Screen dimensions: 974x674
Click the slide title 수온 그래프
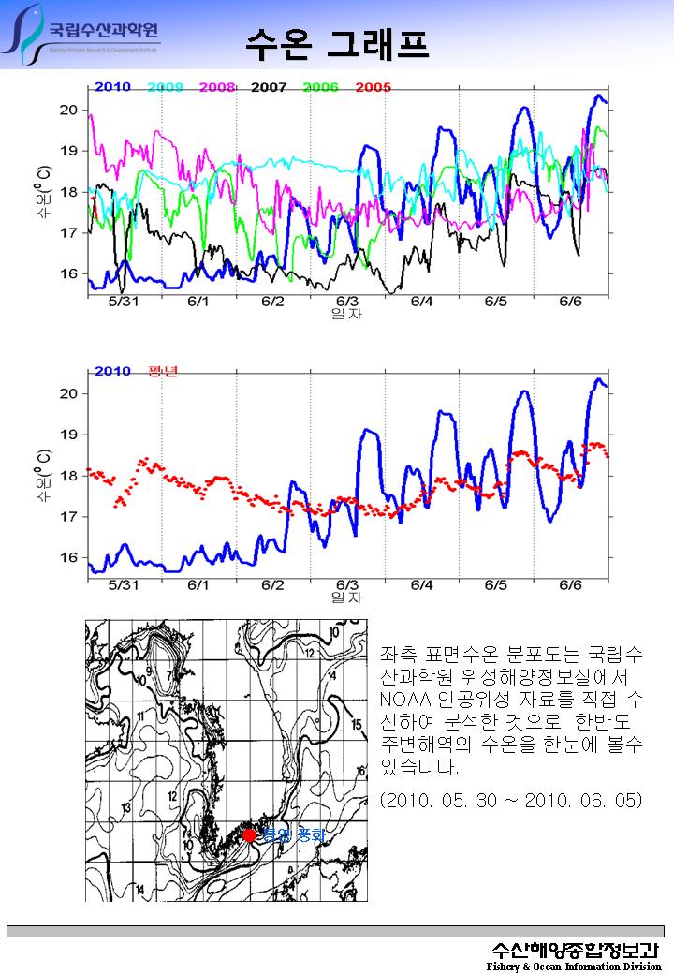click(337, 40)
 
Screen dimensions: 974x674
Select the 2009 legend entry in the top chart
click(166, 87)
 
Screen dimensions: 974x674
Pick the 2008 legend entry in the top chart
click(217, 87)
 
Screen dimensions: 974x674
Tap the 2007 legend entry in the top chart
click(269, 87)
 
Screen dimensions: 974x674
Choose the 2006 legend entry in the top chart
click(321, 87)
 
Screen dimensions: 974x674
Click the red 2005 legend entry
click(374, 87)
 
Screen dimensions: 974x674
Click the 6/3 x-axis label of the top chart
click(346, 302)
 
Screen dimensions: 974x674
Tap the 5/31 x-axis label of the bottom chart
click(124, 585)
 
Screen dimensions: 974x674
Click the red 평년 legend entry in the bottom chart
click(163, 371)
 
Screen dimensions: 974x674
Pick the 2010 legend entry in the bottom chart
click(112, 371)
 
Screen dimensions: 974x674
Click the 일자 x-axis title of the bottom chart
click(346, 598)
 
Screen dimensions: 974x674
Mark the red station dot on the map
click(249, 834)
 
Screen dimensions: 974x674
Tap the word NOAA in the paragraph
click(403, 699)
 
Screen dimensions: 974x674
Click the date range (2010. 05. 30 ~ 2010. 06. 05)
click(511, 802)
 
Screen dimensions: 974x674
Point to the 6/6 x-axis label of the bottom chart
click(570, 585)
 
